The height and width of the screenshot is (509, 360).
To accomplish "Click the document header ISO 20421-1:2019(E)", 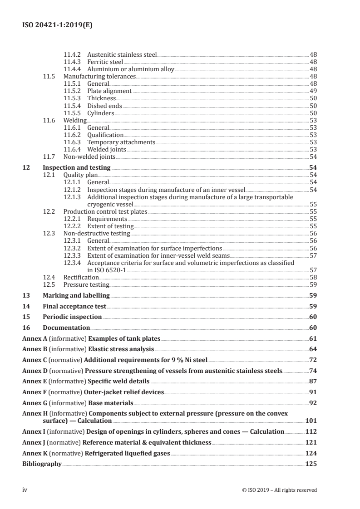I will pyautogui.click(x=58, y=25).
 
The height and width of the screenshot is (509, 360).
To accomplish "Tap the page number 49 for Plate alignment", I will pyautogui.click(x=313, y=91).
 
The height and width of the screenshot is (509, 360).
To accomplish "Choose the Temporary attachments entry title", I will pyautogui.click(x=121, y=142).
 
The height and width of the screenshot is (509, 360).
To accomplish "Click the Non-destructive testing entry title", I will pyautogui.click(x=96, y=234).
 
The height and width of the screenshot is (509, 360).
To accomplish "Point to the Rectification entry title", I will pyautogui.click(x=81, y=277).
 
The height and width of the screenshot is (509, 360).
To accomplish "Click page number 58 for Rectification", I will pyautogui.click(x=313, y=277).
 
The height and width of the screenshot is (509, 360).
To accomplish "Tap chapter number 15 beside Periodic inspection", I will pyautogui.click(x=26, y=317).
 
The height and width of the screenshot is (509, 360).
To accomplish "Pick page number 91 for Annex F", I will pyautogui.click(x=313, y=392).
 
